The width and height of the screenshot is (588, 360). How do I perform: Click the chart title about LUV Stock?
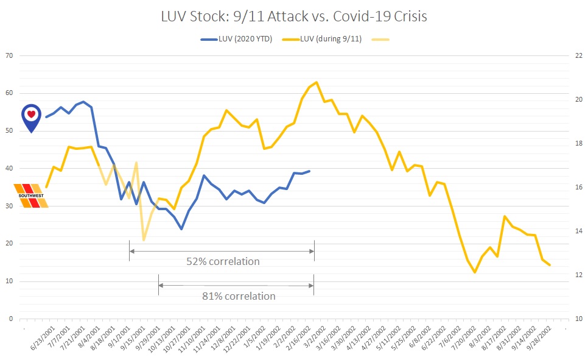click(x=294, y=16)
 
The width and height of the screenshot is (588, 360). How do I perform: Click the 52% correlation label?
click(x=223, y=262)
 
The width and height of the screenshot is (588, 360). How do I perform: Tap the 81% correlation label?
click(x=239, y=296)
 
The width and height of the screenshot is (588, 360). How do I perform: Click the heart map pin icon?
click(x=31, y=118)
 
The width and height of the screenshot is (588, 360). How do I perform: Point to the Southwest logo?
click(x=31, y=196)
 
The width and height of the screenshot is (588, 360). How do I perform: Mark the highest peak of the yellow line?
click(x=316, y=82)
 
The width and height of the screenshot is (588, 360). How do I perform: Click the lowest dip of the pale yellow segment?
click(x=144, y=239)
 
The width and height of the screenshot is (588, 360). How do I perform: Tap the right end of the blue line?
click(x=309, y=171)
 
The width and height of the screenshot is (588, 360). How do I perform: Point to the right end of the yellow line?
click(x=550, y=265)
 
